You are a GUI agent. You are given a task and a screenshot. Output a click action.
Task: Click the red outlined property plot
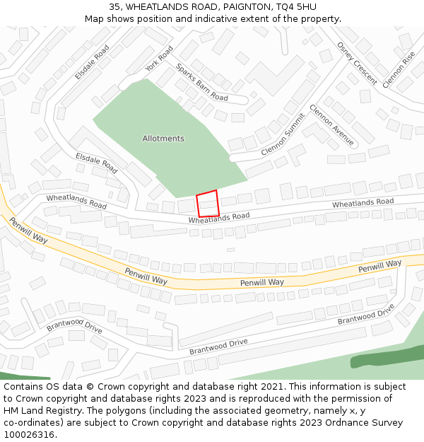coord(208,204)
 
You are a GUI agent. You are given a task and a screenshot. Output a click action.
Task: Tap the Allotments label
coord(163,139)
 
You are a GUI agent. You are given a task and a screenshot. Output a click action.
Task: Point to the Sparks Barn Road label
coord(202,83)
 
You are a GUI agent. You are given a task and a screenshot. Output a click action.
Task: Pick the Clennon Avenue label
coord(331,125)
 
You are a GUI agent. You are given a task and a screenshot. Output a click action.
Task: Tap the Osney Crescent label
coord(357,62)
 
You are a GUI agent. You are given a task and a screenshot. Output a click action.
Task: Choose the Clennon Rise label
coord(398,69)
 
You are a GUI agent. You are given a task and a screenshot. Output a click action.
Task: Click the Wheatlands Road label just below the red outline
coord(219,219)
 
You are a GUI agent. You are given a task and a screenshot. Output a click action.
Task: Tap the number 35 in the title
coord(115,7)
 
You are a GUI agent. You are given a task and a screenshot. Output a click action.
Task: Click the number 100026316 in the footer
coord(30,435)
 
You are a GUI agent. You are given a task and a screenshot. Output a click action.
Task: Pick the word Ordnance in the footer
coord(317,423)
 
